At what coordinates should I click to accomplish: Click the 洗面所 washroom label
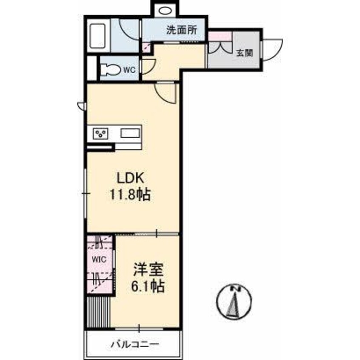point(182,30)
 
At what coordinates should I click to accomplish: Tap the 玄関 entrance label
point(245,53)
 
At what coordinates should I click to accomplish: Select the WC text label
point(129,70)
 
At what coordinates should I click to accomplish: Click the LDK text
point(130,178)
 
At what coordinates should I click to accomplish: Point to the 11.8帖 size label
point(130,195)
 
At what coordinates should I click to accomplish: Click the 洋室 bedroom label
point(149,269)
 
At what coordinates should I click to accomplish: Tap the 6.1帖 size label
point(148,286)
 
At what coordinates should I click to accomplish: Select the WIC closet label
point(99,260)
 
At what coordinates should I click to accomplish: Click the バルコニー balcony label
point(135,344)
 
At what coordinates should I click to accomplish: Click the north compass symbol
point(234,301)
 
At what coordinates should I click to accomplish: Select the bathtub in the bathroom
point(97,36)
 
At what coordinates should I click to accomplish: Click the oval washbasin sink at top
point(165,11)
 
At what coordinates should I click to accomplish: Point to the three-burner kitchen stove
point(100,134)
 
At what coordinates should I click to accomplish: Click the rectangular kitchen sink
point(130,133)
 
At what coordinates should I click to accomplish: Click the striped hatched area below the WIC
point(98,312)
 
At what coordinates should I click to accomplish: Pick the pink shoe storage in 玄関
point(220,36)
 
